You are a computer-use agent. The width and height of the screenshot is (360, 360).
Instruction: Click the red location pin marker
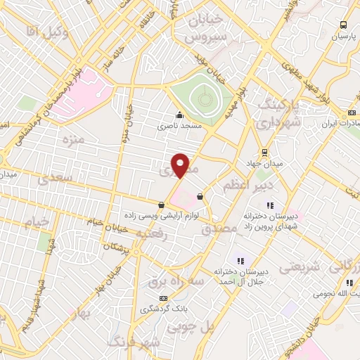(x=181, y=165)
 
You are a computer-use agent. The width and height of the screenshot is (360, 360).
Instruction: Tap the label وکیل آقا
(x=41, y=30)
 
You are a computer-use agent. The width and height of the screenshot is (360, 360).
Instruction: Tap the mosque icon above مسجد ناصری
(x=180, y=115)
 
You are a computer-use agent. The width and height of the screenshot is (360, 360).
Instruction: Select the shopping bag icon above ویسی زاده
(x=162, y=205)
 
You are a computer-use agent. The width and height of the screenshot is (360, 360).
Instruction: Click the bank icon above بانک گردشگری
(x=164, y=297)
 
